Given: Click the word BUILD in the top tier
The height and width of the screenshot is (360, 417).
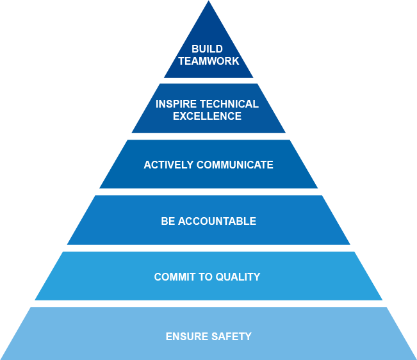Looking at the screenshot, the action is [x=208, y=49].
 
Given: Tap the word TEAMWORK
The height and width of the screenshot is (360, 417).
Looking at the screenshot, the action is [x=208, y=61].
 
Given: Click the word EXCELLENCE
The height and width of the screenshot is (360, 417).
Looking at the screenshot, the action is [x=208, y=117].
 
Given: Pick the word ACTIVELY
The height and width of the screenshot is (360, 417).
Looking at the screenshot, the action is [x=168, y=165].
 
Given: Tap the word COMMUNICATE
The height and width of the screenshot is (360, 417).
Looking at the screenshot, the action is [x=235, y=165].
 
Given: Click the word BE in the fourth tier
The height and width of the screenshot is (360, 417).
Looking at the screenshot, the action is [x=168, y=221].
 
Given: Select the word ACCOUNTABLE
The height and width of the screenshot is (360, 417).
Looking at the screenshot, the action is [x=217, y=221].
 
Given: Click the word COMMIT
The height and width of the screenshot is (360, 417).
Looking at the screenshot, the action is [x=174, y=277].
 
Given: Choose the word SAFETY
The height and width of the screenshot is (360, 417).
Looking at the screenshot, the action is [x=231, y=336].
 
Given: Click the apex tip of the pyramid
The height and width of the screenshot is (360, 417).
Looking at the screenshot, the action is [x=208, y=2].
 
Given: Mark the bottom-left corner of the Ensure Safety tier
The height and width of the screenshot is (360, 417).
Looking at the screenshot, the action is [x=2, y=359].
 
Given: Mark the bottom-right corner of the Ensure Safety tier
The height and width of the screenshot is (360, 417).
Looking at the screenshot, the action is [x=415, y=359].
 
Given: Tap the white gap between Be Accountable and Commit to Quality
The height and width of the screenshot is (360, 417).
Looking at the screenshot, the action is [x=208, y=248].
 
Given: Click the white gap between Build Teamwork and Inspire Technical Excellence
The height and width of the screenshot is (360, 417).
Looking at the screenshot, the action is [x=208, y=81].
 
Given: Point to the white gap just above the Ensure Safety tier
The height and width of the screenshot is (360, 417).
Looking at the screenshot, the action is [x=208, y=304].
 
